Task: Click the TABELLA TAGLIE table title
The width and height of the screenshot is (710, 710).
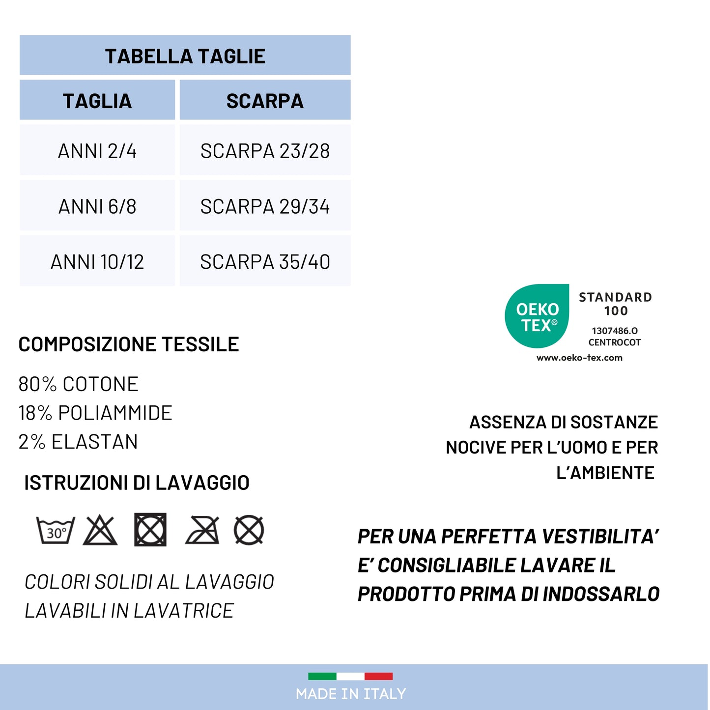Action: point(185,56)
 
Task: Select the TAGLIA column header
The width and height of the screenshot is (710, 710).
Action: point(97,101)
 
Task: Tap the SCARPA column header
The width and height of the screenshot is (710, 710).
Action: point(265,101)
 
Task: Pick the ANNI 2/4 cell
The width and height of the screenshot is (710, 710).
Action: point(97,151)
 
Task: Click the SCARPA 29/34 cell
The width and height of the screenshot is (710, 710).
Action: point(265,206)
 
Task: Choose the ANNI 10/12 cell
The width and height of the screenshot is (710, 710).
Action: point(97,262)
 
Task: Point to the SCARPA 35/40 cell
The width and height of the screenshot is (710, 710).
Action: point(265,262)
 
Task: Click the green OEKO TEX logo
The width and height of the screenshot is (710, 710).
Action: point(537,316)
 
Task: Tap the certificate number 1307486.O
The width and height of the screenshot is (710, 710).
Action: point(615,331)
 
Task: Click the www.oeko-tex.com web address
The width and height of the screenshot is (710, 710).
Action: point(579,358)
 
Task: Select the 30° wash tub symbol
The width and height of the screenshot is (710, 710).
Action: point(56,531)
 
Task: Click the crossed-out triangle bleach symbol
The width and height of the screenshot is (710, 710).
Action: point(100,531)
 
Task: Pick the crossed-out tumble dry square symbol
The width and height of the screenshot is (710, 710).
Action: point(150,530)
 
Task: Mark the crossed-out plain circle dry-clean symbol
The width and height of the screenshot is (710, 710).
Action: point(249,530)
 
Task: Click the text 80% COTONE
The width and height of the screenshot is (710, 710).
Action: point(79,384)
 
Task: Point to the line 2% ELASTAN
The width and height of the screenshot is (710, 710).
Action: point(78,442)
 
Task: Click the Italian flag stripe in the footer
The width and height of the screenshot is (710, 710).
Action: point(350,676)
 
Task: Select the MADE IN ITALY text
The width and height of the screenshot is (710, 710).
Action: point(351,694)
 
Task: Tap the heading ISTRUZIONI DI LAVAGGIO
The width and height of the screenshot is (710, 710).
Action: point(137,483)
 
